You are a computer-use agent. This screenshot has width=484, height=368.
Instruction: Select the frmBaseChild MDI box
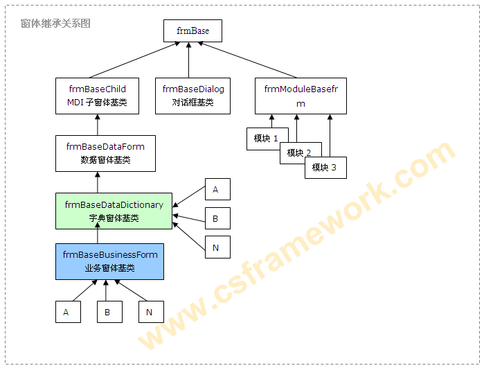(x=97, y=96)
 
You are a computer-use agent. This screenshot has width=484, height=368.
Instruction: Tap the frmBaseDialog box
(x=193, y=96)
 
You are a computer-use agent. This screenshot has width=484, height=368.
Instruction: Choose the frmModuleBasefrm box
(x=300, y=96)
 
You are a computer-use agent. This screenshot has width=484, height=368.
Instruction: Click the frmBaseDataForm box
(x=105, y=153)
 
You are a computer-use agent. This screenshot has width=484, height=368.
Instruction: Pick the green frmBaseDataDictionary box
(x=114, y=211)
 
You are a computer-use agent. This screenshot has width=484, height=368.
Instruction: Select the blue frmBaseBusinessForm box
(x=109, y=261)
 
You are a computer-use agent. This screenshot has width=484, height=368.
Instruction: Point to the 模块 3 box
(x=325, y=167)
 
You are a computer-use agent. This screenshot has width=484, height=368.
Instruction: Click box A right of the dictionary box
(x=217, y=189)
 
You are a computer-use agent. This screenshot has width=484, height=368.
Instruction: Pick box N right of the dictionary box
(x=217, y=247)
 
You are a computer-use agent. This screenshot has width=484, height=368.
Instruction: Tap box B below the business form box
(x=109, y=312)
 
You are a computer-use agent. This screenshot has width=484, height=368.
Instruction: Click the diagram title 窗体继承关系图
(x=55, y=24)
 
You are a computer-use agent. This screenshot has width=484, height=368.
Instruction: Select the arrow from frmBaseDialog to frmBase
(x=189, y=59)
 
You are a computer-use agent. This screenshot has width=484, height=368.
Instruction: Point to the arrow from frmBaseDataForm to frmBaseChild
(x=98, y=125)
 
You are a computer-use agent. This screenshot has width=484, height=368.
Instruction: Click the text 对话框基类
(x=193, y=103)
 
